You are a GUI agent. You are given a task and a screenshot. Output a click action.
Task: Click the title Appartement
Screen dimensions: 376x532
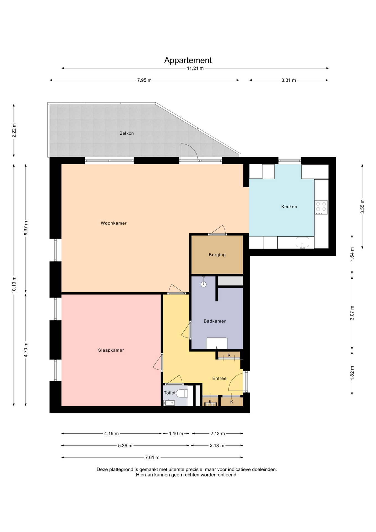[188, 60]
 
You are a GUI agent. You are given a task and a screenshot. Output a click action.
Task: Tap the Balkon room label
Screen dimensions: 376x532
[127, 133]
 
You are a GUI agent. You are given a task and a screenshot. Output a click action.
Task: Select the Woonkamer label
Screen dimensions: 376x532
[114, 223]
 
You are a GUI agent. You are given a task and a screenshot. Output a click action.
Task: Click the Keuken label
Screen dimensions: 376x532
[289, 207]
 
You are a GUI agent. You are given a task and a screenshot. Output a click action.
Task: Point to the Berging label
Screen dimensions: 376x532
[217, 255]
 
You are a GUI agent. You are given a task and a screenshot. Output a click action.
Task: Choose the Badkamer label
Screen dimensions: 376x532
[215, 321]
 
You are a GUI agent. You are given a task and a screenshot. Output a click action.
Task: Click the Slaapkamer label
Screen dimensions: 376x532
[111, 350]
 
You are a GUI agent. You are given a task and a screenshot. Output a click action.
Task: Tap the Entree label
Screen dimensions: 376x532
[219, 378]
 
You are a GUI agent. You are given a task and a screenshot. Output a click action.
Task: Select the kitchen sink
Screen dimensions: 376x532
[302, 242]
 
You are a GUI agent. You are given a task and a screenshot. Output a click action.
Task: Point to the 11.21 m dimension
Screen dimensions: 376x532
[195, 68]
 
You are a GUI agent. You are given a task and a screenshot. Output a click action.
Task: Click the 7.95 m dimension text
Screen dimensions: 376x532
[144, 80]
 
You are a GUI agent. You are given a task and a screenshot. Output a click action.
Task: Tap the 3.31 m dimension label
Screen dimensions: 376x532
[289, 80]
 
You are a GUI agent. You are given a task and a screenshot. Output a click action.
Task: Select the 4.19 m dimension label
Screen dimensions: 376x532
[111, 434]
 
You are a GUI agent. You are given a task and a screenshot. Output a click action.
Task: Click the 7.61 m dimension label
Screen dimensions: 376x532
[152, 457]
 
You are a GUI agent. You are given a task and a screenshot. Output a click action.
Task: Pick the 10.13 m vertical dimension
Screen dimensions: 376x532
[14, 285]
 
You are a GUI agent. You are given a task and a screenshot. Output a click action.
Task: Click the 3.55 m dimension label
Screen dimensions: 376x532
[362, 207]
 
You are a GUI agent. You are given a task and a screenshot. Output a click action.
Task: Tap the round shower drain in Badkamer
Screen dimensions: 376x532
[204, 284]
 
